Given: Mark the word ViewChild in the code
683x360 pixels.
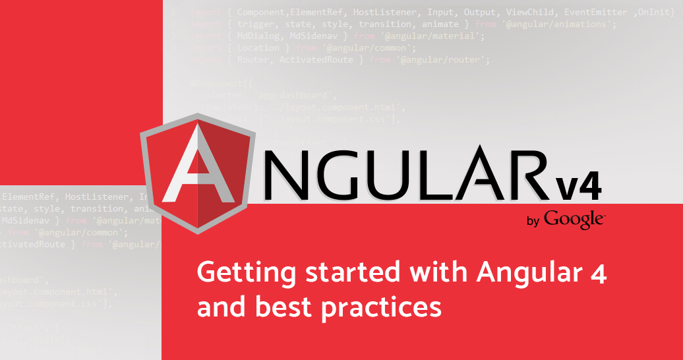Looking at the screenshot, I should [x=529, y=13].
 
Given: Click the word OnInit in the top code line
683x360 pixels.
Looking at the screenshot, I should [x=657, y=13].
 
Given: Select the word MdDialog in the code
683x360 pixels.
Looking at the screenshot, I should [x=258, y=36].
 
